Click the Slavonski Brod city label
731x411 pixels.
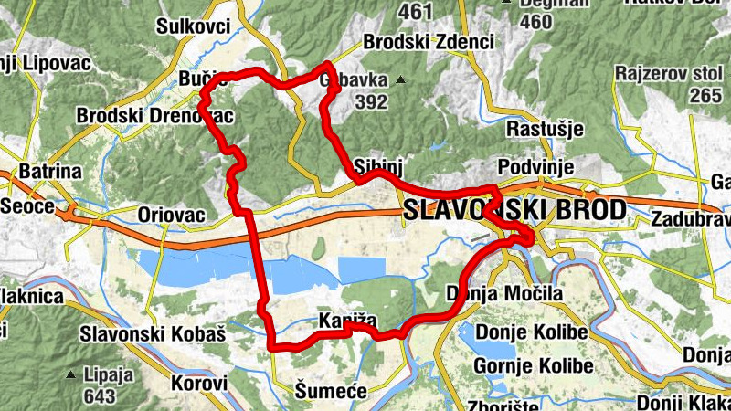[x=514, y=211]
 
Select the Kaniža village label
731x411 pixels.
[x=343, y=321]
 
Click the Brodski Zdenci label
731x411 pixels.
[x=429, y=41]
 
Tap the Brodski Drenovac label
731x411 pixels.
[x=155, y=116]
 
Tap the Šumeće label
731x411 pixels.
[x=331, y=391]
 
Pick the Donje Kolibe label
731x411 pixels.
[x=532, y=332]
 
